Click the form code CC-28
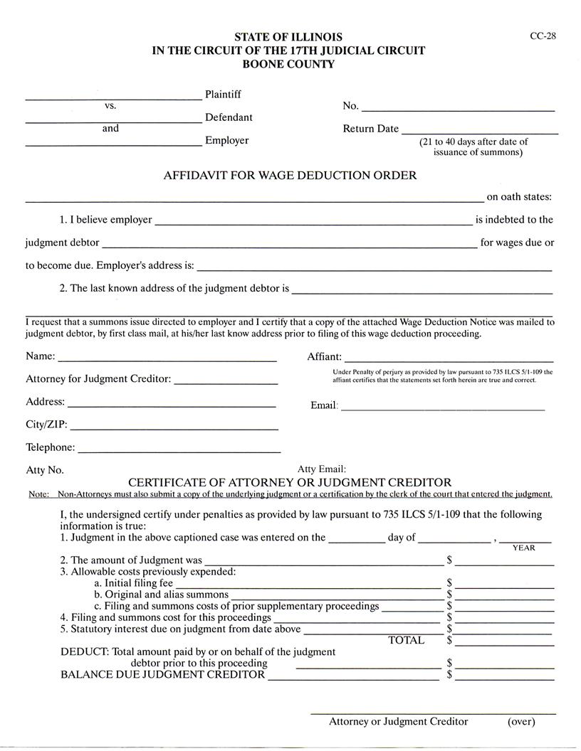click(x=543, y=37)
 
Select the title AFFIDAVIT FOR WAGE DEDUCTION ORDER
click(x=290, y=175)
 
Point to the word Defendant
click(x=229, y=117)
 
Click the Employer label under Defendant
click(x=226, y=140)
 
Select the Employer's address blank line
click(x=374, y=269)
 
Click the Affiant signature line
click(x=449, y=360)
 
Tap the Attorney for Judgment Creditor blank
click(x=226, y=383)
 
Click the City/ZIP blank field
click(x=174, y=428)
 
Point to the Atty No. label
click(x=45, y=470)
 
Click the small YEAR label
click(x=523, y=548)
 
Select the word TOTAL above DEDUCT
click(x=406, y=640)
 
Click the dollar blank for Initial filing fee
click(x=504, y=585)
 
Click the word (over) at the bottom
click(x=520, y=721)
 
